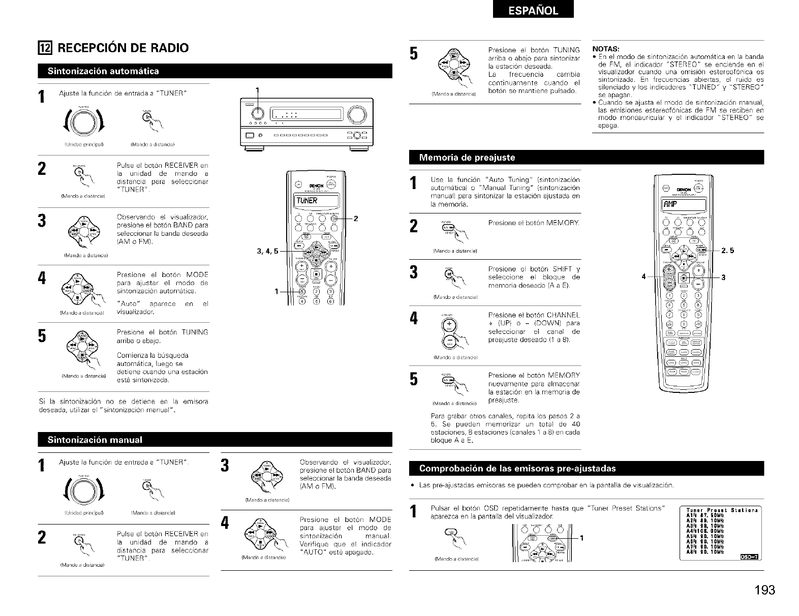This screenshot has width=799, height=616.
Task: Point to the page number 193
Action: [764, 590]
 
